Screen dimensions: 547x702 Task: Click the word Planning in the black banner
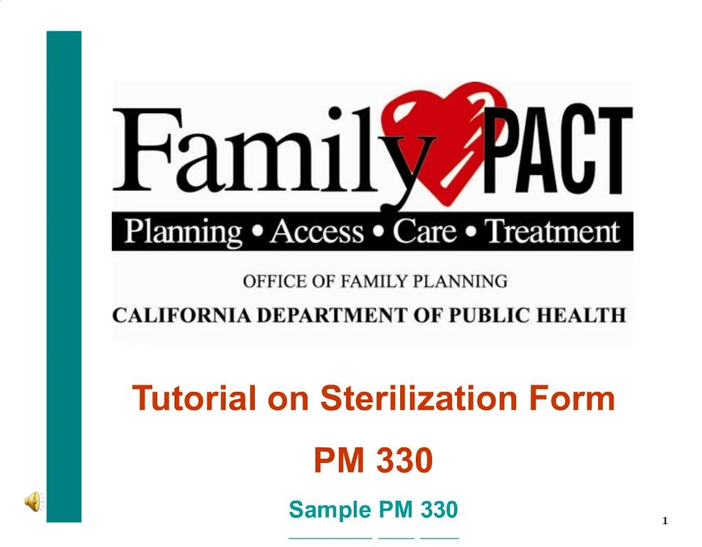[183, 232]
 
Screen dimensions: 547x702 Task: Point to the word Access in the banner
[317, 232]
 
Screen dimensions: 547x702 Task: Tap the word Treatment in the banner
[552, 232]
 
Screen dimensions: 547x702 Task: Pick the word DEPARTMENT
[330, 315]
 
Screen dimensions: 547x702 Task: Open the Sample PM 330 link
[373, 510]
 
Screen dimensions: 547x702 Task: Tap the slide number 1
[665, 521]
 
